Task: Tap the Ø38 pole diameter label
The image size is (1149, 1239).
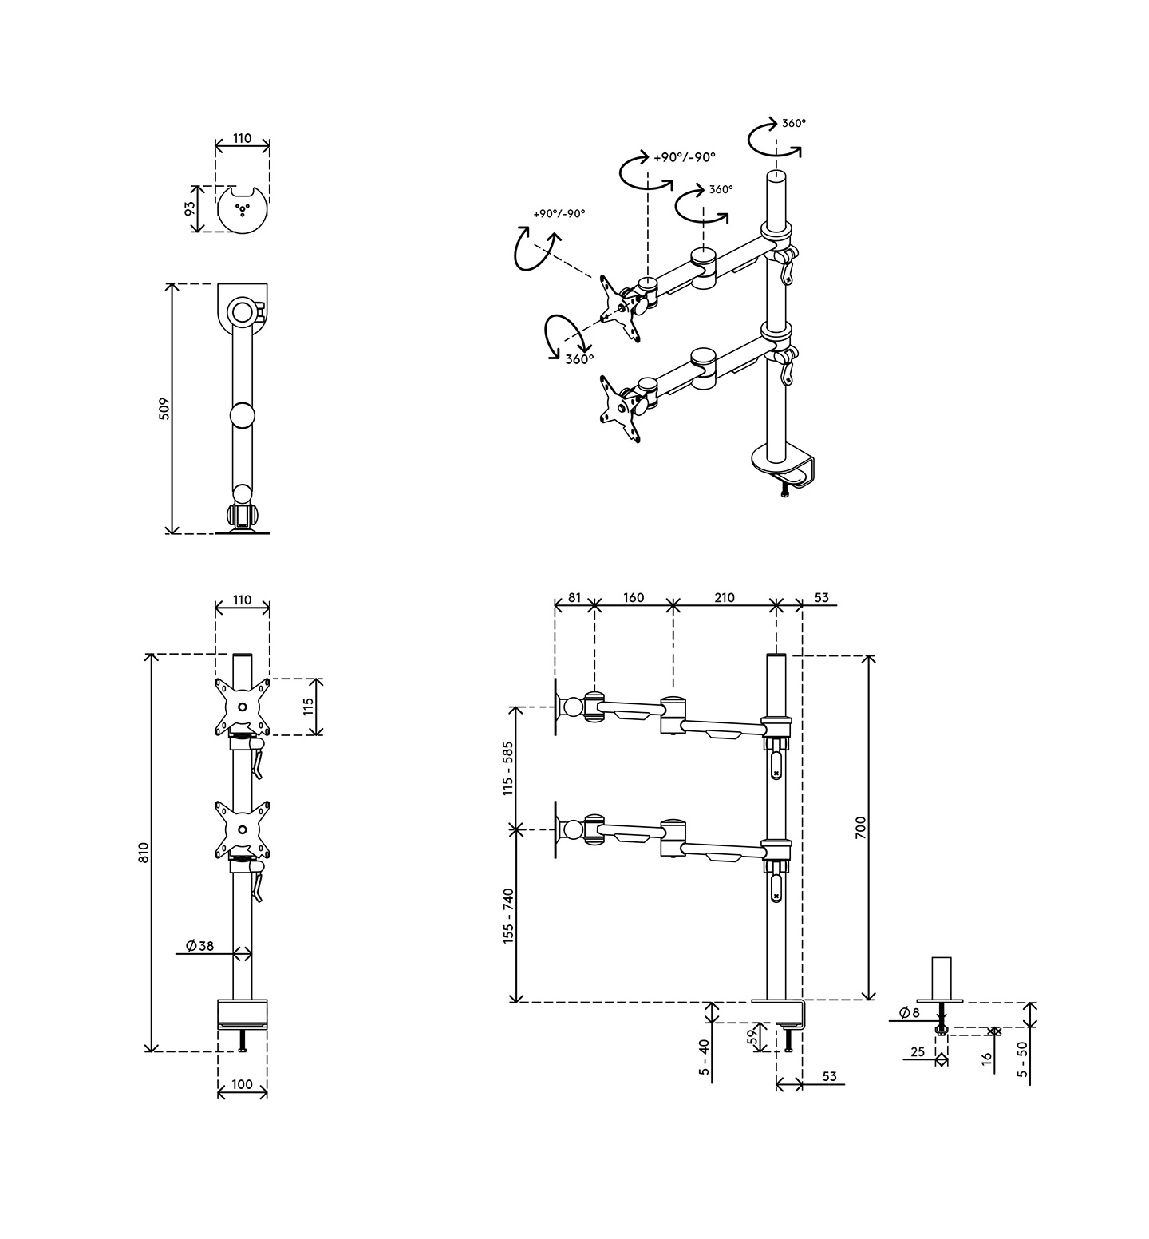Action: (199, 946)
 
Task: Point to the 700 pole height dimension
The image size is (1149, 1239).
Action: (860, 828)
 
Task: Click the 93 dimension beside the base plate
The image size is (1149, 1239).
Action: (190, 209)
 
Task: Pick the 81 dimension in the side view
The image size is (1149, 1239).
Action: (574, 597)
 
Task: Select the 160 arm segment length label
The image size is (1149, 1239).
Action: (633, 597)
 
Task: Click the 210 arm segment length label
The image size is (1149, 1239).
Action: (724, 597)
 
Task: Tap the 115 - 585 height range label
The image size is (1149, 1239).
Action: (507, 769)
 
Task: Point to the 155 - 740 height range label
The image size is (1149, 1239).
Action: (507, 916)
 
